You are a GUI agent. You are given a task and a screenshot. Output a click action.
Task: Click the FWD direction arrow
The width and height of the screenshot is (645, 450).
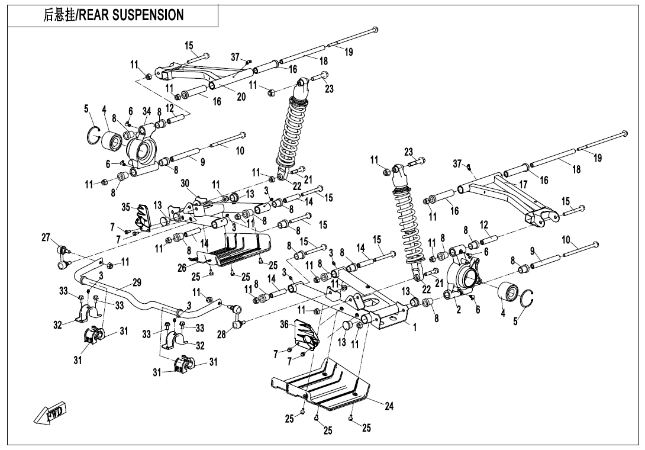50,413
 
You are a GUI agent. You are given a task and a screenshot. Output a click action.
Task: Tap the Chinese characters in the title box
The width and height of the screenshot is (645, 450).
59,15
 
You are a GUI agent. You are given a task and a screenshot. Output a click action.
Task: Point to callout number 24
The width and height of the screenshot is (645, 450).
389,406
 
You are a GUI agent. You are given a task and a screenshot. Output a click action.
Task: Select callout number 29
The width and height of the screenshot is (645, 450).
137,282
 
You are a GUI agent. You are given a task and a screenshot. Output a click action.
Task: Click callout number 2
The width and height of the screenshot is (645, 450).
459,308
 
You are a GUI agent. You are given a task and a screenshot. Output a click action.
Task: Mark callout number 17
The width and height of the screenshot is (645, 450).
523,185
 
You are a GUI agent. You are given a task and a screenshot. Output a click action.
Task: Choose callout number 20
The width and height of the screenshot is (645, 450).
241,97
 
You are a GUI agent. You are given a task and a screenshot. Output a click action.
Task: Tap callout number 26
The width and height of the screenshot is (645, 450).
182,268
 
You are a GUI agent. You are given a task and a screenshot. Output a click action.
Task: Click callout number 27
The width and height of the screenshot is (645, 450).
46,237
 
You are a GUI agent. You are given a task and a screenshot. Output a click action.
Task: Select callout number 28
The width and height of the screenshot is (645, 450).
221,335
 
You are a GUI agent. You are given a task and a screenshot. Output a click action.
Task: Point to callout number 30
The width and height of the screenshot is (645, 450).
185,184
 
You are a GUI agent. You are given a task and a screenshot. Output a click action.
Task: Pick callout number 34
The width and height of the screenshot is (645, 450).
147,111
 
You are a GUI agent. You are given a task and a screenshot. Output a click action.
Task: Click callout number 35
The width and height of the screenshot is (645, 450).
125,207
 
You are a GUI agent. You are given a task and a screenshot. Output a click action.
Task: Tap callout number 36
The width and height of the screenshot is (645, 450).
285,324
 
